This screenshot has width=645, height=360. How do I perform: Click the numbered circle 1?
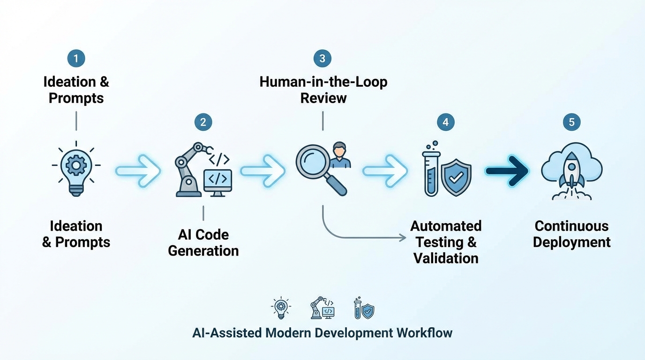76,59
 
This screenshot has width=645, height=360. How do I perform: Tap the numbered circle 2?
203,122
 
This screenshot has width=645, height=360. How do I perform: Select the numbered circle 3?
322,59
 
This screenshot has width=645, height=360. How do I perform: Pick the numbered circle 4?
445,122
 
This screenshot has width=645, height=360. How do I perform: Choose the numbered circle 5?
571,122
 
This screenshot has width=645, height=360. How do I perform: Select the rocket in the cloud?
571,171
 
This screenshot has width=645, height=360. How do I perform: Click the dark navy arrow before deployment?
507,171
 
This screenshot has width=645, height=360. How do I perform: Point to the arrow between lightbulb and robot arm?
138,171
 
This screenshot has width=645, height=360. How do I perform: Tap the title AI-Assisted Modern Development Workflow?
322,333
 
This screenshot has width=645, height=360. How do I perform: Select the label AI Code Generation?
203,242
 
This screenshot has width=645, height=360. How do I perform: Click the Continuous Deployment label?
571,234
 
